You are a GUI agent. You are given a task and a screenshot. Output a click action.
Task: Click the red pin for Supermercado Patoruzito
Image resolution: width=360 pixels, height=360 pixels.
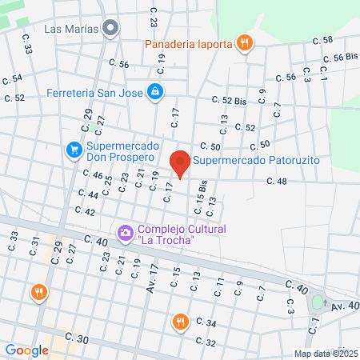point(181,163)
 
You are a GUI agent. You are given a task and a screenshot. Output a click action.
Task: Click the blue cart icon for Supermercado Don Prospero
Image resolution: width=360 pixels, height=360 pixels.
point(73,149)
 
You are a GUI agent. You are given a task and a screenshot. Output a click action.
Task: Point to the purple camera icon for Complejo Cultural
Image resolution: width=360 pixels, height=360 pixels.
point(125,234)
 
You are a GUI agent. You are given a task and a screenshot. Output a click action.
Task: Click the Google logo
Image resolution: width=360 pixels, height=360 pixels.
point(26,350)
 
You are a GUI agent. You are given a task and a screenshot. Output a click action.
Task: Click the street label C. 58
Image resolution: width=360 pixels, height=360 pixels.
point(323,40)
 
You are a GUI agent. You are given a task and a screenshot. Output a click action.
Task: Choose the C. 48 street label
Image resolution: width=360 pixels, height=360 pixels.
point(276,182)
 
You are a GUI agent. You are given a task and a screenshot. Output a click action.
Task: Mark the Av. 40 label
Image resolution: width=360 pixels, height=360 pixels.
point(345,305)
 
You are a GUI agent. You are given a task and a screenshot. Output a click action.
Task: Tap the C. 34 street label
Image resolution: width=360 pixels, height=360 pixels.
point(206,323)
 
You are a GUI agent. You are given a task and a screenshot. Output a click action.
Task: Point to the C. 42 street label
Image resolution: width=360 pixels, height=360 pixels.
point(84,211)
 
